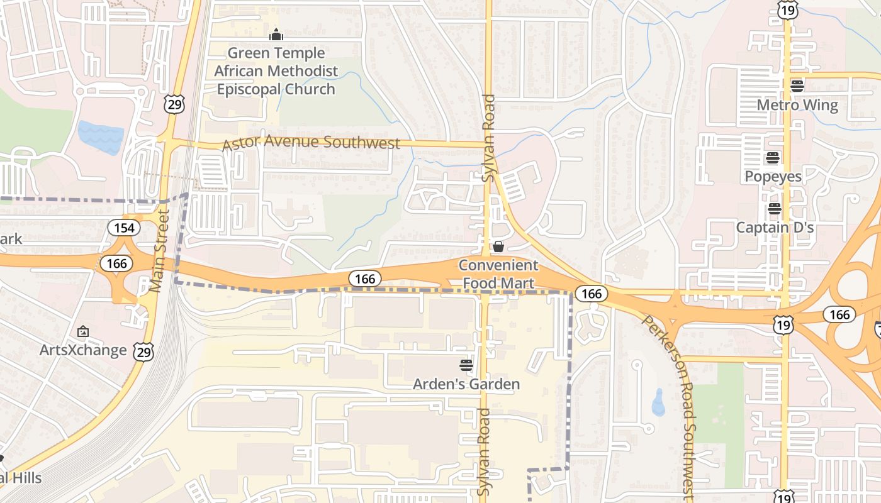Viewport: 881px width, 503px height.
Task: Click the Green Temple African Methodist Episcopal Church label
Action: [276, 71]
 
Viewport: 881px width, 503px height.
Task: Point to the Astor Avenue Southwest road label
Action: [311, 143]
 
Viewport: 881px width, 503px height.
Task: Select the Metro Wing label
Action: [797, 105]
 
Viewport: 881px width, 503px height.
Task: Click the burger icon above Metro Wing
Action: [797, 86]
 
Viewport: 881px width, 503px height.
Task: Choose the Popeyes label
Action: [773, 176]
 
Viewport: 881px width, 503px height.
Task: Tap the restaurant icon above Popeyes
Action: [773, 157]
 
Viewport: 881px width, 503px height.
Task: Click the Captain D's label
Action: [775, 227]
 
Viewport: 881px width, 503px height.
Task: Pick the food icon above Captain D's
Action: [774, 208]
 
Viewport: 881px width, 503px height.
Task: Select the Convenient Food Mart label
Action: [498, 274]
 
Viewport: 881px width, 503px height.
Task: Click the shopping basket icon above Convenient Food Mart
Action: [498, 246]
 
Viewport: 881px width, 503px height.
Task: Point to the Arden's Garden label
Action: [466, 384]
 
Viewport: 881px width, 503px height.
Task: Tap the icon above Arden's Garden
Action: [466, 365]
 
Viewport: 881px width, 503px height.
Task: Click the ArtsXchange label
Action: [83, 350]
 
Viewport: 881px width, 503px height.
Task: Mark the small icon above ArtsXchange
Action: [82, 331]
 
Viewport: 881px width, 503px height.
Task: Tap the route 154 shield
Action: [124, 228]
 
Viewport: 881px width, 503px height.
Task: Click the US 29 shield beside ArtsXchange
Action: [143, 351]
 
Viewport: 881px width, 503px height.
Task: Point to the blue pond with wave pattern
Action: [101, 137]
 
